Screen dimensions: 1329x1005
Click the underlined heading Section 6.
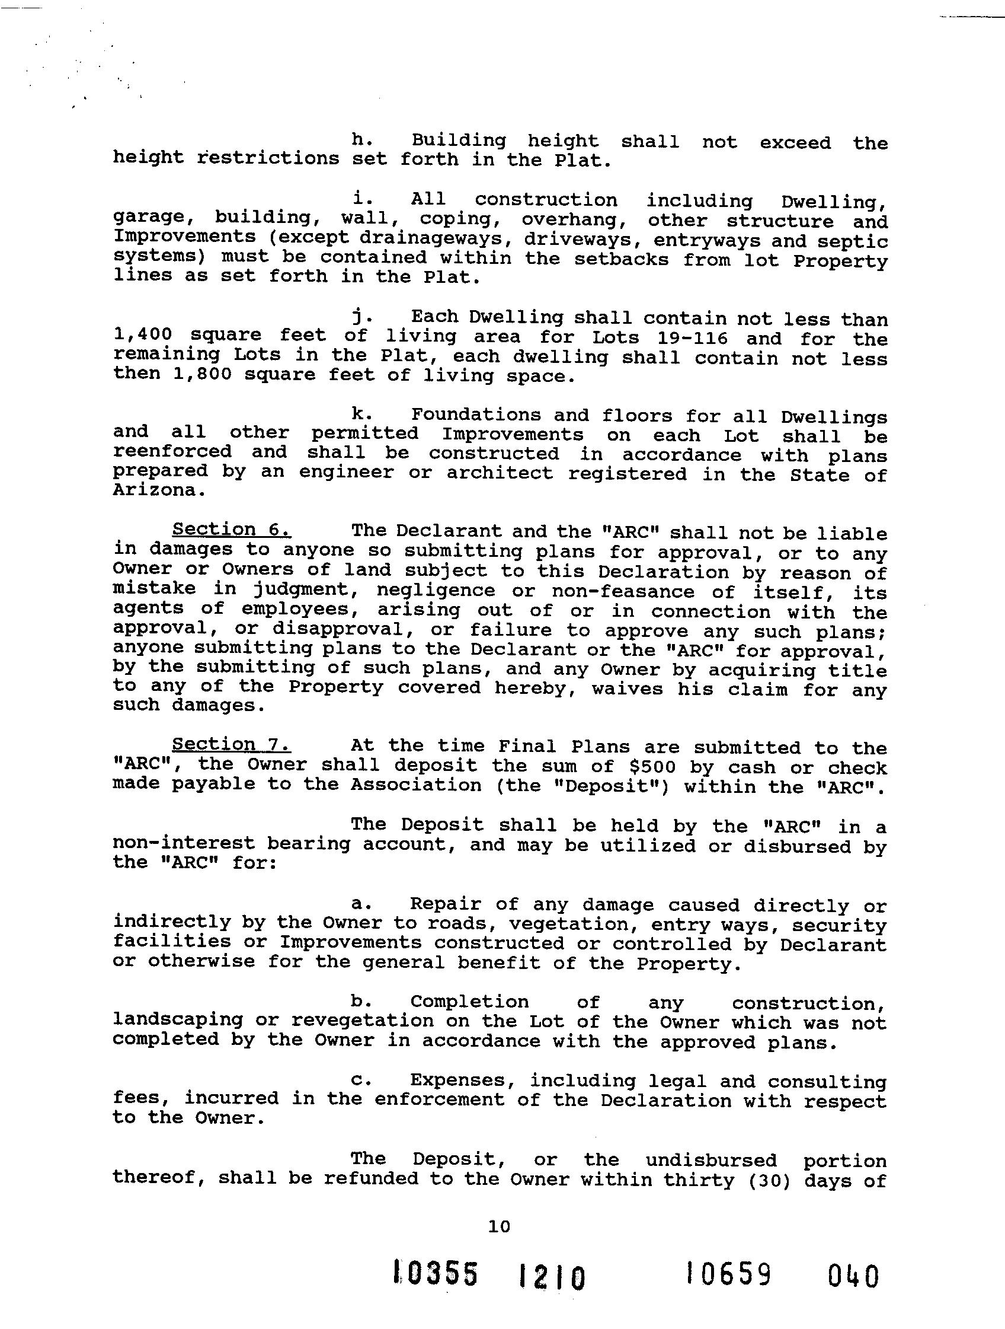coord(231,530)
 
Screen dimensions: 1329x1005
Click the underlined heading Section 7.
coord(231,744)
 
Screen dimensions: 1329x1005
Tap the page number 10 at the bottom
coord(499,1226)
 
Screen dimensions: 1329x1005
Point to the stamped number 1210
coord(551,1277)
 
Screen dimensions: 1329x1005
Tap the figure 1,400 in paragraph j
coord(143,335)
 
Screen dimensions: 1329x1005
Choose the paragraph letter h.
coord(361,140)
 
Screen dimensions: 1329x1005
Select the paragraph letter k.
coord(361,414)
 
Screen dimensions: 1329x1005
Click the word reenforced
coord(172,451)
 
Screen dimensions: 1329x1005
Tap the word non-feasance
coord(623,591)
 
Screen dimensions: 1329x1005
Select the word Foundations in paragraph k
coord(475,415)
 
